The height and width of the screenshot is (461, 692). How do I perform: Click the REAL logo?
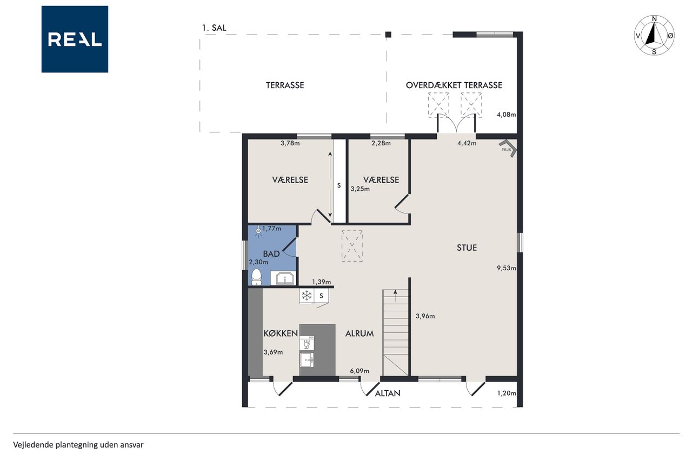click(x=75, y=39)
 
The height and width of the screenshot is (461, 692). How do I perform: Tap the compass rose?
click(x=654, y=35)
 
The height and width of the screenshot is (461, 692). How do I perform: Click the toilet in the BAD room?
click(x=256, y=277)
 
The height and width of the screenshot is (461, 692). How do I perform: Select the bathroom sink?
click(x=283, y=278)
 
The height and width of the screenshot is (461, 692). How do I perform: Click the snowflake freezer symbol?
click(x=307, y=296)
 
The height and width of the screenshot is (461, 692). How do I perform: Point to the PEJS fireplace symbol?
click(x=508, y=149)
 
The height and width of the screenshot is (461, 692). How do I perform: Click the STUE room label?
click(x=467, y=248)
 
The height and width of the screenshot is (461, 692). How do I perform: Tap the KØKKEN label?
click(x=281, y=333)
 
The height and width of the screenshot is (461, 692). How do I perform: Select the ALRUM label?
click(x=360, y=333)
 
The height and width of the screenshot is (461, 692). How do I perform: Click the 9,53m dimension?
click(x=506, y=268)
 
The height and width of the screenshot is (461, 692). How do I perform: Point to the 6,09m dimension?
click(x=360, y=371)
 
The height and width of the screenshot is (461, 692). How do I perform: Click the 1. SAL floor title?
click(x=214, y=28)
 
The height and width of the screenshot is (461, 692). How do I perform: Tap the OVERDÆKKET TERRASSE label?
click(x=454, y=85)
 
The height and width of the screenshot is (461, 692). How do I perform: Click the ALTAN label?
click(x=388, y=393)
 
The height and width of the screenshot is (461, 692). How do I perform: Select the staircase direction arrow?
click(x=395, y=296)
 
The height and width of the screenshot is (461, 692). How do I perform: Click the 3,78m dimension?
click(x=290, y=143)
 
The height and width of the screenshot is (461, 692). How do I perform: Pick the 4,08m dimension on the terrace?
click(x=506, y=115)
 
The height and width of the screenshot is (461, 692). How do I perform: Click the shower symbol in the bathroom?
click(x=258, y=231)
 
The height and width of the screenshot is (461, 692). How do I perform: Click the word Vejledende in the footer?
click(x=33, y=445)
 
